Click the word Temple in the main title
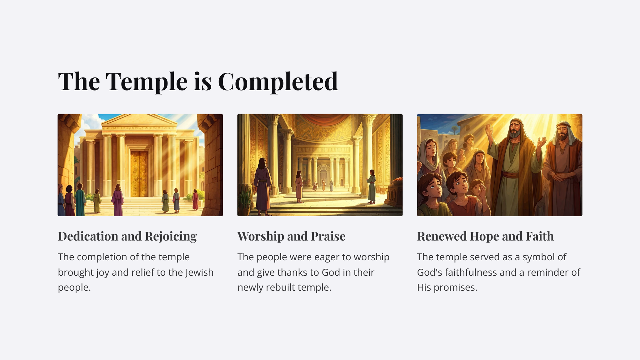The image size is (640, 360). pos(147,81)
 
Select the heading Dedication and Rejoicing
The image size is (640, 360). pos(127,237)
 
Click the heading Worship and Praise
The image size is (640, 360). pos(292,237)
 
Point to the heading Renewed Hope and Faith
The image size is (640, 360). pos(485,237)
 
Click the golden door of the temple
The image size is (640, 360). pos(139,174)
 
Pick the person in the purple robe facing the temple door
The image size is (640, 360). pos(118,200)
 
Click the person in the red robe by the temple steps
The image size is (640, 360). pos(195,200)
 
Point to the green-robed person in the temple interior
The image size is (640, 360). pos(371,187)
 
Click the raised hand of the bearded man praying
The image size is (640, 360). pos(489,130)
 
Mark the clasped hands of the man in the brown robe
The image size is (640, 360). pos(561,177)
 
